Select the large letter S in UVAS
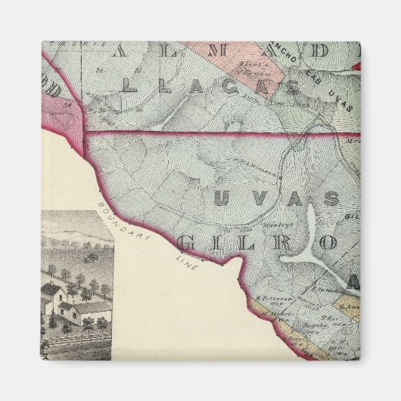tap(331, 200)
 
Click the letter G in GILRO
tap(187, 244)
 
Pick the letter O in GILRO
tap(327, 243)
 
